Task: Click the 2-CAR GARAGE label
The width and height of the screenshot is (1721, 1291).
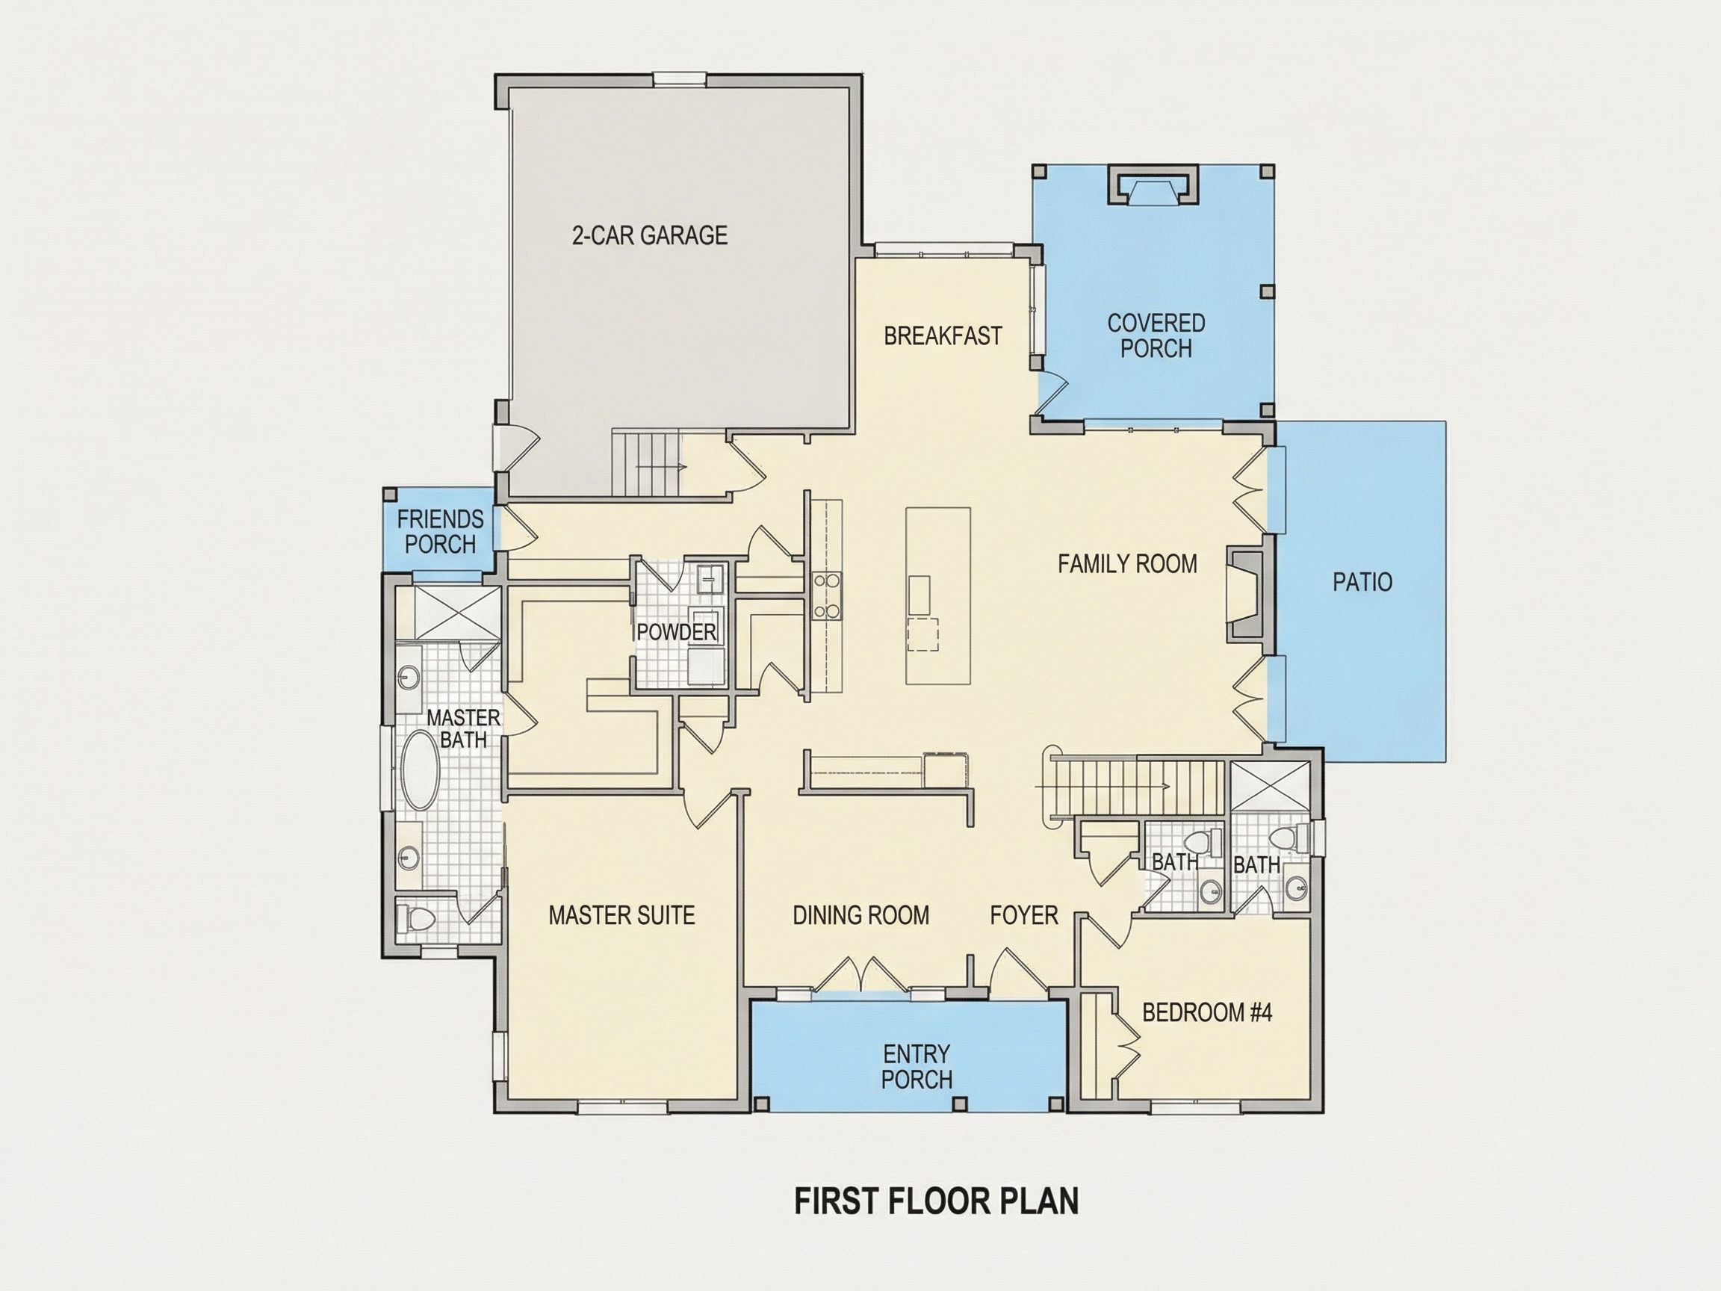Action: tap(650, 235)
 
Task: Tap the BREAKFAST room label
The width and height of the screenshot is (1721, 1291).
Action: tap(942, 335)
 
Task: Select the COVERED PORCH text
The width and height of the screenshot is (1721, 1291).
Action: tap(1156, 335)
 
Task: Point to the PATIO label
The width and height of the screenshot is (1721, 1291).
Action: tap(1362, 581)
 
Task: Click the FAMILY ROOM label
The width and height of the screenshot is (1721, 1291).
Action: tap(1127, 563)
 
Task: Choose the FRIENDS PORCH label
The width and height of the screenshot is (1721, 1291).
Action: tap(441, 531)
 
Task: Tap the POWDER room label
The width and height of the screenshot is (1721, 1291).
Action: tap(676, 632)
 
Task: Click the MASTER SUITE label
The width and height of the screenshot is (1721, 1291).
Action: tap(621, 915)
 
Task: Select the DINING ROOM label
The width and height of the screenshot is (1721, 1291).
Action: tap(860, 915)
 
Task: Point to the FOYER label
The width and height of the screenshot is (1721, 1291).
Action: tap(1024, 915)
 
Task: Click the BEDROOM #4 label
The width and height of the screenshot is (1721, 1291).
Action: tap(1208, 1012)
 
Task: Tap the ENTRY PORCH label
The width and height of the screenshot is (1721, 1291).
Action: tap(917, 1067)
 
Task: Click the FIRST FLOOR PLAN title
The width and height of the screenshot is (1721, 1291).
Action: tap(936, 1201)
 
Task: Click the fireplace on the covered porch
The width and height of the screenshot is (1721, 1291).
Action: tap(1153, 185)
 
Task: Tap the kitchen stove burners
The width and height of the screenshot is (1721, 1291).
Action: tap(827, 595)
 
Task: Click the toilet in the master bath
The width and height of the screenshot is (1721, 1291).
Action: tap(413, 919)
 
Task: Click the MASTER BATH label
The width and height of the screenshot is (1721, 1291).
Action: tap(464, 728)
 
